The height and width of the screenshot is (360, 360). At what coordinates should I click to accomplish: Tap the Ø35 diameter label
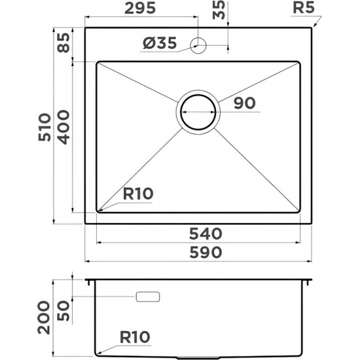pyautogui.click(x=159, y=44)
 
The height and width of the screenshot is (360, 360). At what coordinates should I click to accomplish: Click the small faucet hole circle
pyautogui.click(x=198, y=45)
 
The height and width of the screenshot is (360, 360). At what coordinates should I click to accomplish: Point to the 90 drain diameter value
pyautogui.click(x=243, y=103)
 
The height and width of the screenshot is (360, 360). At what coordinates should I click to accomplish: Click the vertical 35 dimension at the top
pyautogui.click(x=219, y=11)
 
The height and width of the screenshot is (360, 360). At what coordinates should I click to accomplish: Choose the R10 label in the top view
pyautogui.click(x=137, y=194)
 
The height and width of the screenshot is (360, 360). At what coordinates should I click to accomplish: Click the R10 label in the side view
pyautogui.click(x=135, y=337)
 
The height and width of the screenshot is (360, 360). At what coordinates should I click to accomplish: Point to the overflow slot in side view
pyautogui.click(x=147, y=297)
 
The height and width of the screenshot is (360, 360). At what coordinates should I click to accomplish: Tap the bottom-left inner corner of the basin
pyautogui.click(x=99, y=210)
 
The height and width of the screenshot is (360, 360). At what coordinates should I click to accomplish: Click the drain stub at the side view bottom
pyautogui.click(x=198, y=357)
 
